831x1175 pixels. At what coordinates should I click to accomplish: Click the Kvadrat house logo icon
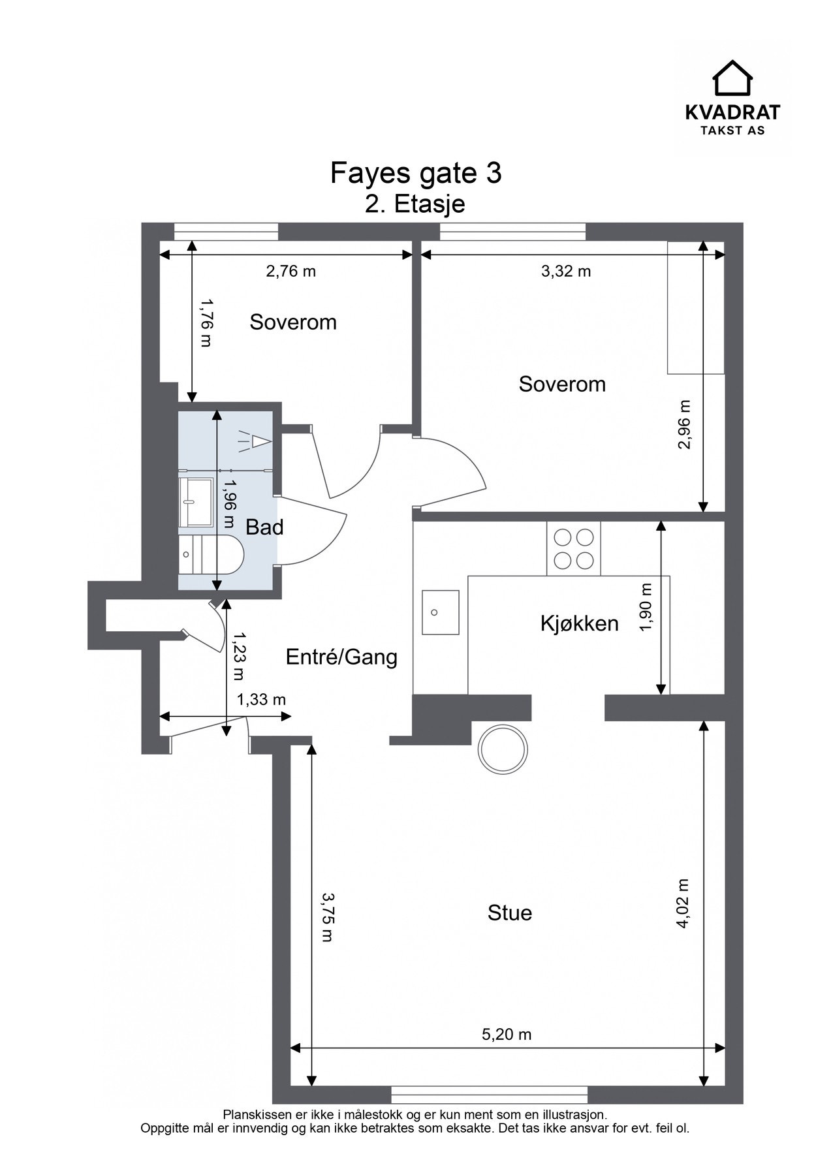click(x=732, y=78)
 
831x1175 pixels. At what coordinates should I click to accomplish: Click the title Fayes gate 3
click(x=416, y=174)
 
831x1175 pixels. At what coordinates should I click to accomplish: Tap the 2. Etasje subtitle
click(x=415, y=204)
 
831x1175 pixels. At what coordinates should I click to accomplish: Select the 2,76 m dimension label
click(x=290, y=271)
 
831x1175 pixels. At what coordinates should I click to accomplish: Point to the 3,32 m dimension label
click(x=566, y=271)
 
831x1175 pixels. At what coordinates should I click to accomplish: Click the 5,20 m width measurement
click(x=507, y=1034)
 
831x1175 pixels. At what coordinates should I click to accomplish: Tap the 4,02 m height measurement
click(x=683, y=903)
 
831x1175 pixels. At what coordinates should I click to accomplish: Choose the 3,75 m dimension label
click(x=326, y=918)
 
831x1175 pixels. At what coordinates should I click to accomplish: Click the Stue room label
click(x=510, y=913)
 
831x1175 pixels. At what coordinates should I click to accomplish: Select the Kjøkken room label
click(x=580, y=624)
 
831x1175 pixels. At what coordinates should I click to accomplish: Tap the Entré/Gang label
click(x=341, y=657)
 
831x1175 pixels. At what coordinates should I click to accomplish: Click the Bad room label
click(x=264, y=527)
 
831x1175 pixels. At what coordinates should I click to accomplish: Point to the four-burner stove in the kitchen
click(x=574, y=548)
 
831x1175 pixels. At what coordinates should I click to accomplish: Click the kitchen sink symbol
click(x=440, y=612)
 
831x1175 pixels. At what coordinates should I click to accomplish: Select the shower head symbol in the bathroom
click(x=253, y=442)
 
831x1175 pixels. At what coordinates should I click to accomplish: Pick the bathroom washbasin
click(x=196, y=502)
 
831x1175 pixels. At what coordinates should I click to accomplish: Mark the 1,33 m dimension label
click(x=261, y=700)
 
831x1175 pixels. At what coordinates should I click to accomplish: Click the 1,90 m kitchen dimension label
click(x=646, y=608)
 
